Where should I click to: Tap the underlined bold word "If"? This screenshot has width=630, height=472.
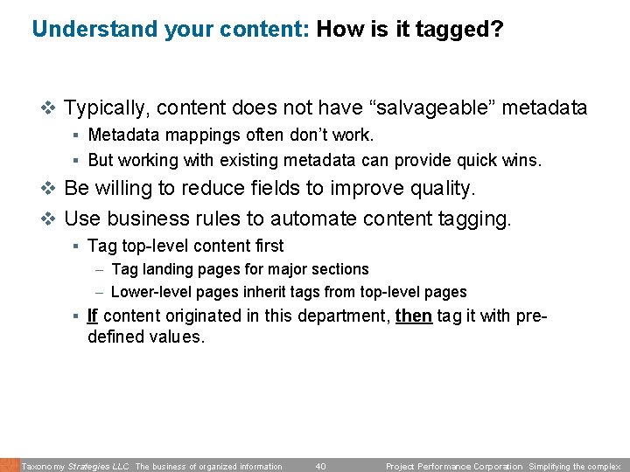point(93,315)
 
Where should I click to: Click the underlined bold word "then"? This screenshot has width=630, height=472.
point(414,315)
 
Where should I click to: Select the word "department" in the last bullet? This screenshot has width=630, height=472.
point(340,315)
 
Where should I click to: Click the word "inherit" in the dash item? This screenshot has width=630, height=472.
point(248,292)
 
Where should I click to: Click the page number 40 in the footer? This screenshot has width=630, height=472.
point(320,466)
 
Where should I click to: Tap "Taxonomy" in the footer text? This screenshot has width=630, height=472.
point(43,466)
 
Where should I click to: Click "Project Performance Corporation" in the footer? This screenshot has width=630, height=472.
point(454,466)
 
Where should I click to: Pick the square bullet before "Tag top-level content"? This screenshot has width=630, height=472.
point(77,246)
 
